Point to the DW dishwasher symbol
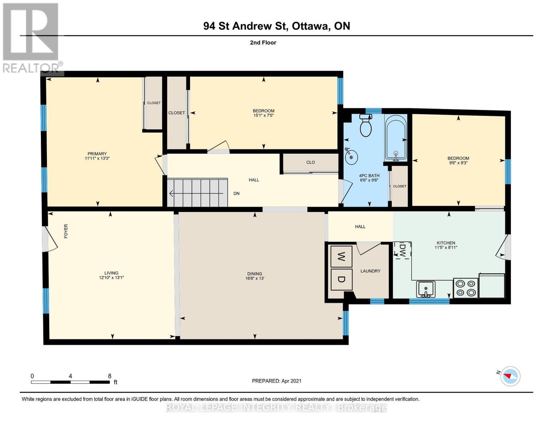(x=402, y=251)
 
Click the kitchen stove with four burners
(x=465, y=288)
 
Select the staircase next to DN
(x=198, y=193)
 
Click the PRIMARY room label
(x=97, y=154)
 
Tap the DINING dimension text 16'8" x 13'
(x=255, y=278)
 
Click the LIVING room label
(x=111, y=273)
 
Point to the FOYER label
(x=66, y=231)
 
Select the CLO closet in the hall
(x=310, y=163)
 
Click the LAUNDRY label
(x=370, y=271)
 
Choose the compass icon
(x=510, y=376)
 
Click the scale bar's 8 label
(x=110, y=376)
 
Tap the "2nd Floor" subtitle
(x=263, y=43)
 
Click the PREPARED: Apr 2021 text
(x=277, y=381)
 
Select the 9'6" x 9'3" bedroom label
(x=458, y=163)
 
